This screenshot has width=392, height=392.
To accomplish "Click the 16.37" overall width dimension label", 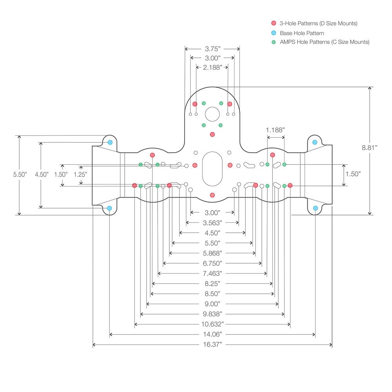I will pos(212,345).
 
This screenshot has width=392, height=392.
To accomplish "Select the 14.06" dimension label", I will pos(212,334).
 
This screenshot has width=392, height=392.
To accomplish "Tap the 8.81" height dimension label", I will pos(369,148).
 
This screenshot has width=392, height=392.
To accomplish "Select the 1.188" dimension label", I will pos(275,130).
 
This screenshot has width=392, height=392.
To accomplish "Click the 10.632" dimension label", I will pos(212,324).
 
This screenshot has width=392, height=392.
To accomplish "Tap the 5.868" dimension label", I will pos(212,253).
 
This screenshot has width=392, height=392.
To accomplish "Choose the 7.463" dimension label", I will pos(212,273).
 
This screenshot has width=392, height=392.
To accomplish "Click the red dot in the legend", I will pos(274,24).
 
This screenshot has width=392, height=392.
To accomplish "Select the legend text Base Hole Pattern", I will pos(302,33).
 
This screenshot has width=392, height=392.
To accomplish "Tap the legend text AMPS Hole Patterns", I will pos(324,42).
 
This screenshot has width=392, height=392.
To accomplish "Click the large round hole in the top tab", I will pos(212,114).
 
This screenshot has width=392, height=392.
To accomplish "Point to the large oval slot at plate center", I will pos(212,169).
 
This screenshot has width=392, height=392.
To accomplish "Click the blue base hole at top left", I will pos(110,142).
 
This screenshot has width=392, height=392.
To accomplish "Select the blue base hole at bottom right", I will pos(315,208).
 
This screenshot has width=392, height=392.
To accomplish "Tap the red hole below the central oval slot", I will pos(212,195).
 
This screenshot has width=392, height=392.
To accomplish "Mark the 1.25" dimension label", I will pos(80,174).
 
